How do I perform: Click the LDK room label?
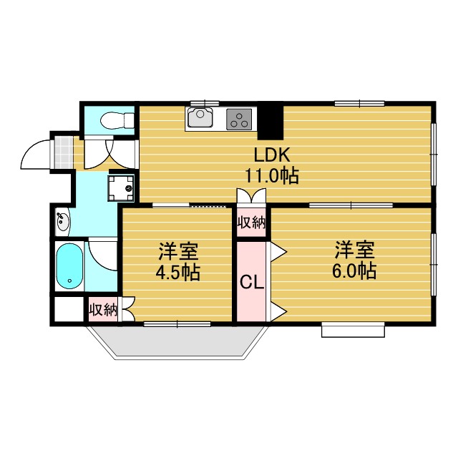tap(270, 155)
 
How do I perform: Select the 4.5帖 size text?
tap(178, 272)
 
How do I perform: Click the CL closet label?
tap(251, 282)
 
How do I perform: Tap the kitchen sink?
tap(201, 119)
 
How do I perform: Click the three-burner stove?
tap(240, 119)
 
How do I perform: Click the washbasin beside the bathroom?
tap(62, 222)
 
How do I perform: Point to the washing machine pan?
tap(122, 187)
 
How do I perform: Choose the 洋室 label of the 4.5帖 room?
tap(178, 251)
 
